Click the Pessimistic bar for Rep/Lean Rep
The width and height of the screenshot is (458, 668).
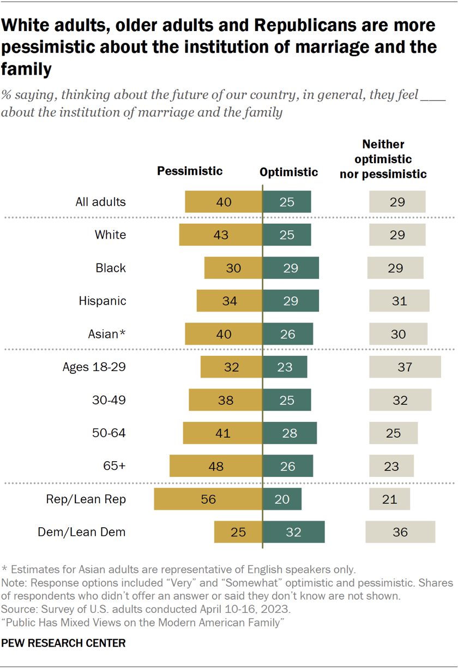click(208, 499)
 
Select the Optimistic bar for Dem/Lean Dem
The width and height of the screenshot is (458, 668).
click(294, 532)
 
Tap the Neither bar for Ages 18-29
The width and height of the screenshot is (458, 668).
click(405, 367)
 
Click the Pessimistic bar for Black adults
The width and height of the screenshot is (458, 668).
click(233, 268)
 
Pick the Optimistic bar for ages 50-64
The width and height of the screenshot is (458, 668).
click(290, 433)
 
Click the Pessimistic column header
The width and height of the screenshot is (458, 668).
click(190, 171)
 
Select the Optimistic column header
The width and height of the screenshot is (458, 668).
click(288, 172)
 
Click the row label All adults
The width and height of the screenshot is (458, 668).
click(100, 201)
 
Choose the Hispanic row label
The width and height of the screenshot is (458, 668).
click(103, 301)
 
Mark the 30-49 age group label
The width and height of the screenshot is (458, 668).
click(109, 400)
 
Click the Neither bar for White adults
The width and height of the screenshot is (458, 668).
click(397, 235)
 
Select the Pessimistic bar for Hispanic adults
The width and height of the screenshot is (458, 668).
click(230, 301)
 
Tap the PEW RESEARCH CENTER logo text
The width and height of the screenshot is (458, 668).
click(63, 643)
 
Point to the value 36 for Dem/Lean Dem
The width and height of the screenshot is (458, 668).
click(400, 532)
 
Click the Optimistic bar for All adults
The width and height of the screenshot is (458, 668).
click(287, 201)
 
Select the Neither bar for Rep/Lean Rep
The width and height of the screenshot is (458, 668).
click(389, 499)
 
